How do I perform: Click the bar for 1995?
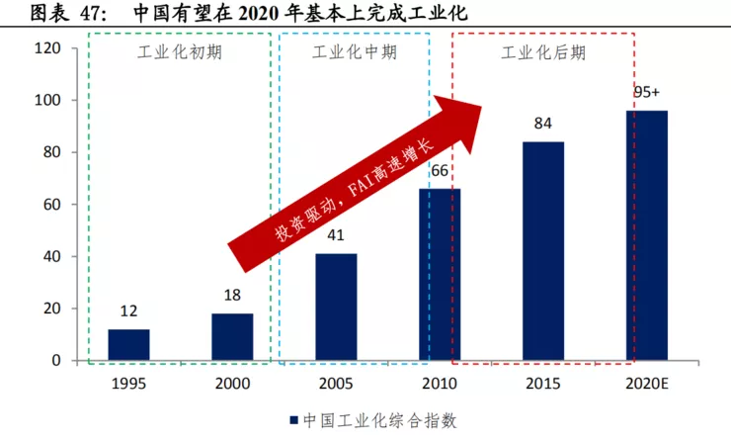128,344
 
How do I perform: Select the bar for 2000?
232,337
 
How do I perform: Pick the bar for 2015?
543,251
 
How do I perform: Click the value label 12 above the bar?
128,310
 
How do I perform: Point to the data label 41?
336,235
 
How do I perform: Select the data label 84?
543,124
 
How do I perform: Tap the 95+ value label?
647,93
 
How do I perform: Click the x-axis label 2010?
440,382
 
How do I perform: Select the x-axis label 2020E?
647,382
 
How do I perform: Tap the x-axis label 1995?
128,382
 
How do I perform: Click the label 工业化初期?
179,52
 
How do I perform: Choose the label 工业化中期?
354,52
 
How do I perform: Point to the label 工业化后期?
542,52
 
